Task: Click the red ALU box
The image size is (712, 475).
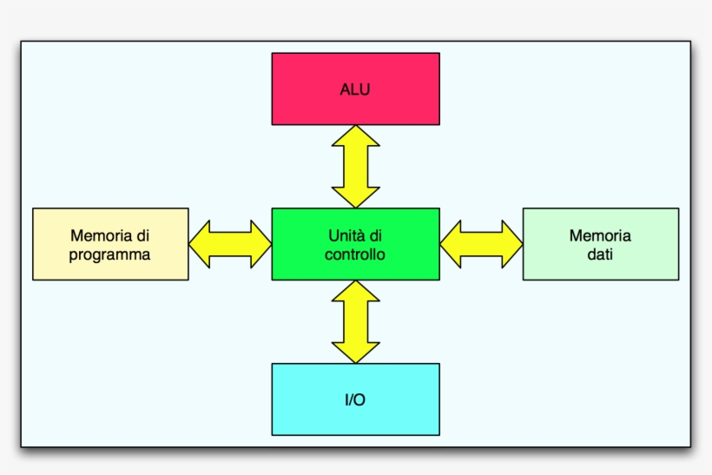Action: (355, 69)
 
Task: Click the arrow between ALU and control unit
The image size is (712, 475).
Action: (356, 166)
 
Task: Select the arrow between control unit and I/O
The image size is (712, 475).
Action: (356, 321)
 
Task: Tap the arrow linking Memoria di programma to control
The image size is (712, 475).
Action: (230, 244)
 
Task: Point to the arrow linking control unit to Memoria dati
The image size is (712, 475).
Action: (481, 244)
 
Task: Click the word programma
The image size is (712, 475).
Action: (110, 254)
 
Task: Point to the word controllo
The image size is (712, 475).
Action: (355, 254)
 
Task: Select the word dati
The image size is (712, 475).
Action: (600, 254)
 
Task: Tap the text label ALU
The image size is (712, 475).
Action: (355, 89)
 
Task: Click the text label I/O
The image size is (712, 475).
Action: (355, 400)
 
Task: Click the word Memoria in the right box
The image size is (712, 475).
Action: (600, 235)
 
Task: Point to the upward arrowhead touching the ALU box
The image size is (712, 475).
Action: (356, 135)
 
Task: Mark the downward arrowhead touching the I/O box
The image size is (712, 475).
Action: (356, 352)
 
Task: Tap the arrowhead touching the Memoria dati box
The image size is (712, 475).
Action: (511, 244)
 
